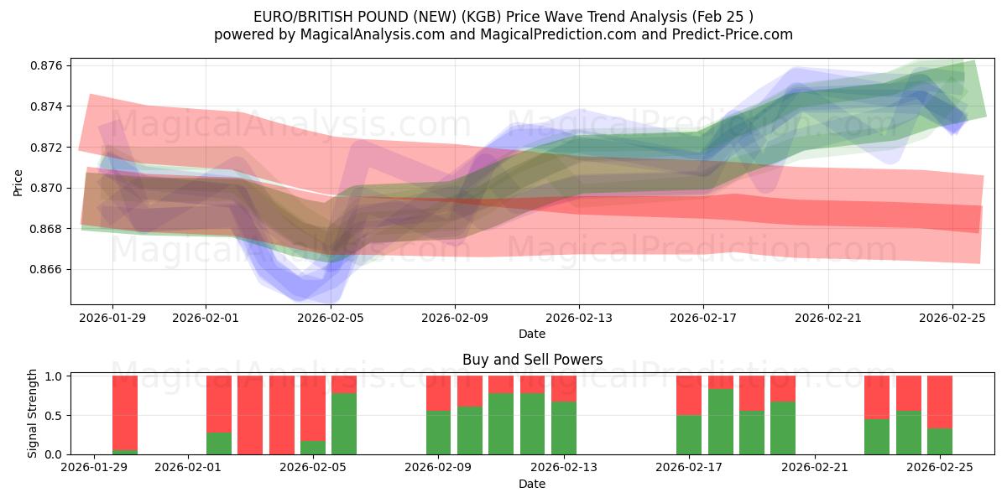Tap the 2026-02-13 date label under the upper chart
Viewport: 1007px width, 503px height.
coord(579,319)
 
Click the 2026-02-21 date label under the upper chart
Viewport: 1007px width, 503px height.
coord(828,319)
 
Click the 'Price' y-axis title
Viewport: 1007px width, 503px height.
coord(18,182)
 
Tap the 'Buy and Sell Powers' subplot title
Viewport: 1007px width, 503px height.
coord(532,360)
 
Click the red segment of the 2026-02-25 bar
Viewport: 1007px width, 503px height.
coord(940,402)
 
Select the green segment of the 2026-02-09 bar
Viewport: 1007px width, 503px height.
coord(439,432)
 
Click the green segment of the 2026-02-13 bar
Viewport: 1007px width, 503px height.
coord(564,428)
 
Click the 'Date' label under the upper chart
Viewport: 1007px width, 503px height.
coord(532,334)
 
